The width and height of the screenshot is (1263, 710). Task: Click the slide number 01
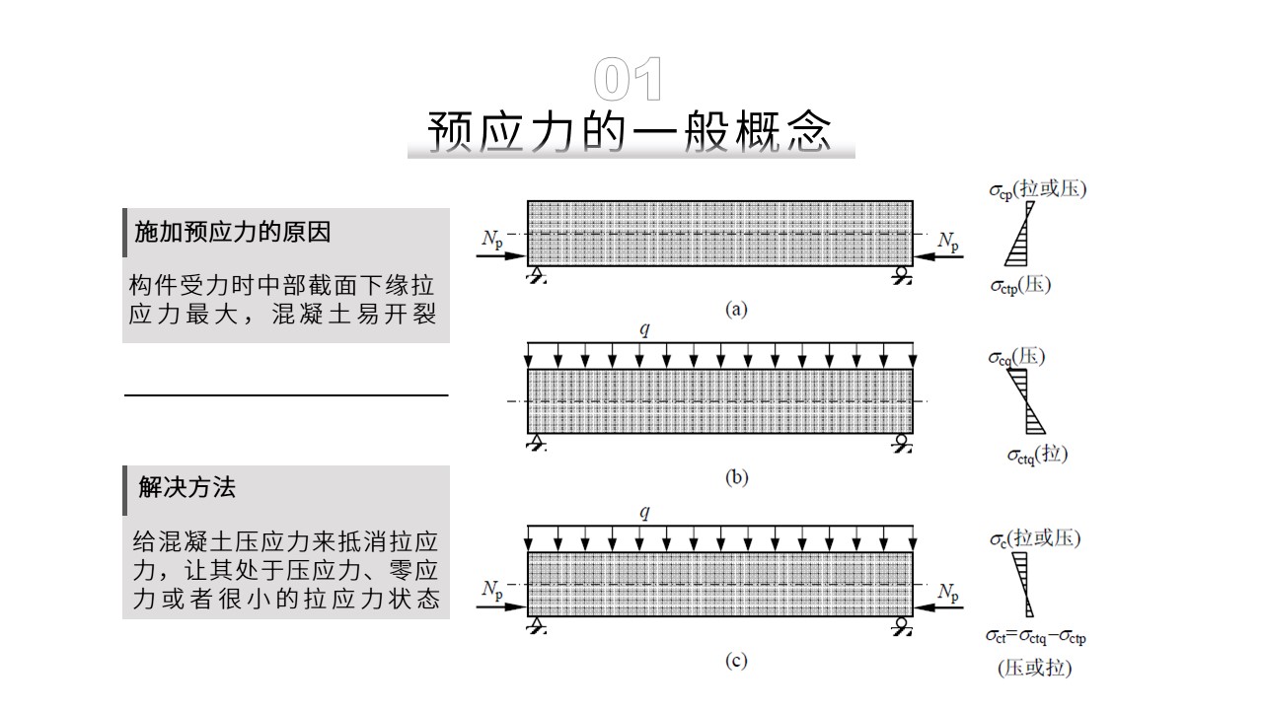629,79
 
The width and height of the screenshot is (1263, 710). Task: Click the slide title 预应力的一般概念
630,132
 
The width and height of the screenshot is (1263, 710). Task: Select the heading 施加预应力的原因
232,232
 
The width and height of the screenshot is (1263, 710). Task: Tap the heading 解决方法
187,487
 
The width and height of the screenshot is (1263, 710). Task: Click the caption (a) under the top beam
736,310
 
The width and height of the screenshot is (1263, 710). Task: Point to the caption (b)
736,478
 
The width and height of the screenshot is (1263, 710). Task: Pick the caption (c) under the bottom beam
736,660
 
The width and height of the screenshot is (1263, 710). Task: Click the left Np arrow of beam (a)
501,256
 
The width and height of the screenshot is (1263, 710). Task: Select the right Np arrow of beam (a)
938,256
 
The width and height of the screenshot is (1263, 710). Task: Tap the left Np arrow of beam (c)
501,607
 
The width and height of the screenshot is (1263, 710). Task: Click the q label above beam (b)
645,328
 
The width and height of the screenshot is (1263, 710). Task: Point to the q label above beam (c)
645,512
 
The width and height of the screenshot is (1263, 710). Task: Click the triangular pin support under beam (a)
537,275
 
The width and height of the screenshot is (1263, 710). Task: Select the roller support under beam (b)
902,443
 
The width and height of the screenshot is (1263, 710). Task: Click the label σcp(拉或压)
1038,189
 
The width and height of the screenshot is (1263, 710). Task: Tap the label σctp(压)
1021,285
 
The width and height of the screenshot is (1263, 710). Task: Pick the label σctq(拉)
1037,455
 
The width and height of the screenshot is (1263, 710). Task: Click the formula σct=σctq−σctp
1036,637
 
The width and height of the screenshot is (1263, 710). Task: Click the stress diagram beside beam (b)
1026,401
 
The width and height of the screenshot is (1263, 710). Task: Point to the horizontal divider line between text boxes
286,395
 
